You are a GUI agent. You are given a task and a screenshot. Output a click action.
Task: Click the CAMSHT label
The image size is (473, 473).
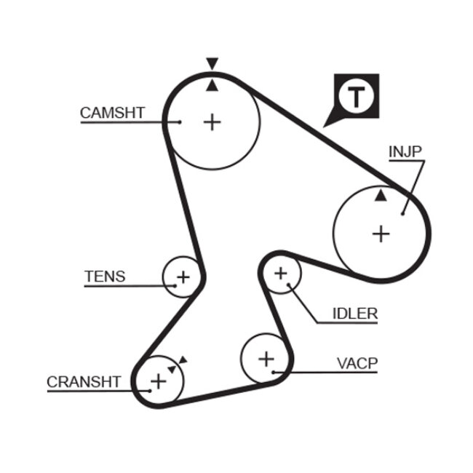coord(112,113)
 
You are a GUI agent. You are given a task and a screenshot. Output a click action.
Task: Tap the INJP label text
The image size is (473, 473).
coord(405,151)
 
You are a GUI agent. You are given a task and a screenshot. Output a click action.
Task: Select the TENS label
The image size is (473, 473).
coord(105,277)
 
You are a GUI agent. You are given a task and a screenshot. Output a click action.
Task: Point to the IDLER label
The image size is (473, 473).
coord(355,314)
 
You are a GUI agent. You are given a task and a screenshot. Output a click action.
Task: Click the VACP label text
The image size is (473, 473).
coord(357,363)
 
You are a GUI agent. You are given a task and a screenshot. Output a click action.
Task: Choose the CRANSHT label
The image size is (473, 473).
coord(83,381)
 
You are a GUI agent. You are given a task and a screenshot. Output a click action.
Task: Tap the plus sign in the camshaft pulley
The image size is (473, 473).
coord(212,122)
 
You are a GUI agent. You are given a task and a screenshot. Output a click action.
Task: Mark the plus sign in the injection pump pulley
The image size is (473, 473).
coord(381,234)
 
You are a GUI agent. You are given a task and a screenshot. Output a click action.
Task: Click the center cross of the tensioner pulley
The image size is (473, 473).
coord(183,277)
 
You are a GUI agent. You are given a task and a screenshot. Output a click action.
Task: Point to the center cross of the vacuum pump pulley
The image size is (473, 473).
coord(266,358)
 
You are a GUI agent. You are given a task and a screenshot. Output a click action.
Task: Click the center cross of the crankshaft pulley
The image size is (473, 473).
coord(158,380)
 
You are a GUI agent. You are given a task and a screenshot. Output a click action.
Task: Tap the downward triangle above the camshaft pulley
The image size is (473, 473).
coord(212,63)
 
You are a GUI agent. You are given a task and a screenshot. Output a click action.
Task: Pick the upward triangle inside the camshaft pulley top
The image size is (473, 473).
coord(212,86)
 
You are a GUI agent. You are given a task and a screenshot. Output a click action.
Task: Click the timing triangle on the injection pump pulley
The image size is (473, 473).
coord(381,195)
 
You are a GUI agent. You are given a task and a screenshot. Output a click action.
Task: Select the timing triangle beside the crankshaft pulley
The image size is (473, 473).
coord(182,359)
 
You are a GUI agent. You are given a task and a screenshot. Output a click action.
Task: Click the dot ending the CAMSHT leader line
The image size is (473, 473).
coord(180,122)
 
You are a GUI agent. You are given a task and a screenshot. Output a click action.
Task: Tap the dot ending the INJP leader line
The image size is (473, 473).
coord(402,213)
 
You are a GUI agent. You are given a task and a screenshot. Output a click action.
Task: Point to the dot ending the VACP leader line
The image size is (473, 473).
coord(274,373)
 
